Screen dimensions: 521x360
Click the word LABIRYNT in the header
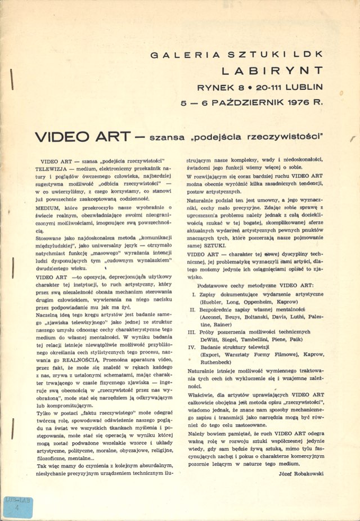(272, 71)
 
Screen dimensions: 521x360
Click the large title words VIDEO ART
(82, 137)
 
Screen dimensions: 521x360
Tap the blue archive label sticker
(17, 507)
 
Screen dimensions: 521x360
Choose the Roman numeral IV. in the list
(192, 347)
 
